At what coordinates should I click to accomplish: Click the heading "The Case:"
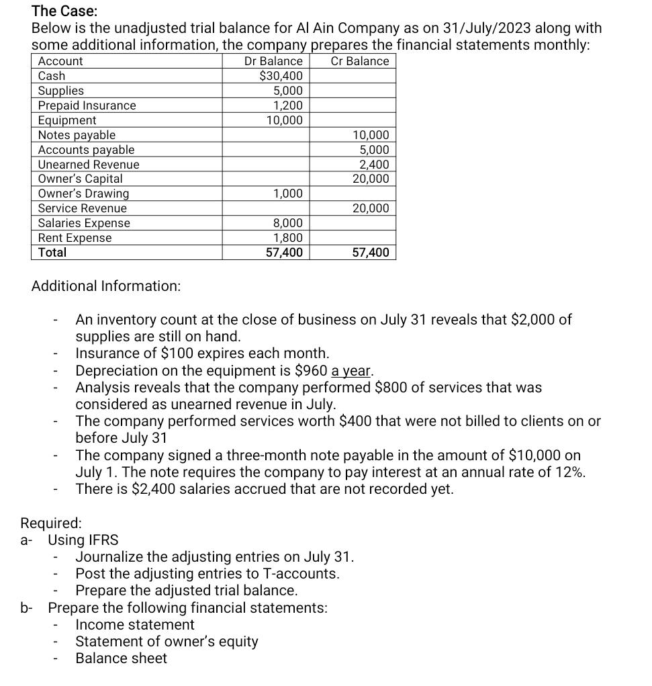pyautogui.click(x=64, y=11)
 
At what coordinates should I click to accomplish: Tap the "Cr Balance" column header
pyautogui.click(x=360, y=61)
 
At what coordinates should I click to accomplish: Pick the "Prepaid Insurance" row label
pyautogui.click(x=87, y=105)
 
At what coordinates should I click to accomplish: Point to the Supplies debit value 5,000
pyautogui.click(x=288, y=91)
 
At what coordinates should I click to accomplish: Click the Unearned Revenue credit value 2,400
pyautogui.click(x=374, y=165)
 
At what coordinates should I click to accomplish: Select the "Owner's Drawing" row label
pyautogui.click(x=83, y=194)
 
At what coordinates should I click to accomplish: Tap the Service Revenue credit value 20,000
pyautogui.click(x=371, y=208)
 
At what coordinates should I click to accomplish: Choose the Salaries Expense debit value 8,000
pyautogui.click(x=288, y=223)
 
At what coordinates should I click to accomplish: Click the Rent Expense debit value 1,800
pyautogui.click(x=288, y=238)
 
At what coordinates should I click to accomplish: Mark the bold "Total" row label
pyautogui.click(x=52, y=253)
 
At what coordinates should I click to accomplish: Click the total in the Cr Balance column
pyautogui.click(x=371, y=253)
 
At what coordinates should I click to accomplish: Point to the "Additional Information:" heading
pyautogui.click(x=106, y=286)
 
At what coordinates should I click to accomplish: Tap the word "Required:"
pyautogui.click(x=52, y=523)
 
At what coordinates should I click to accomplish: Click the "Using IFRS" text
pyautogui.click(x=83, y=540)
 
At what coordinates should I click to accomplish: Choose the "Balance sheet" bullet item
pyautogui.click(x=121, y=658)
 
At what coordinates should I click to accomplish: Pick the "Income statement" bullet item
pyautogui.click(x=135, y=625)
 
